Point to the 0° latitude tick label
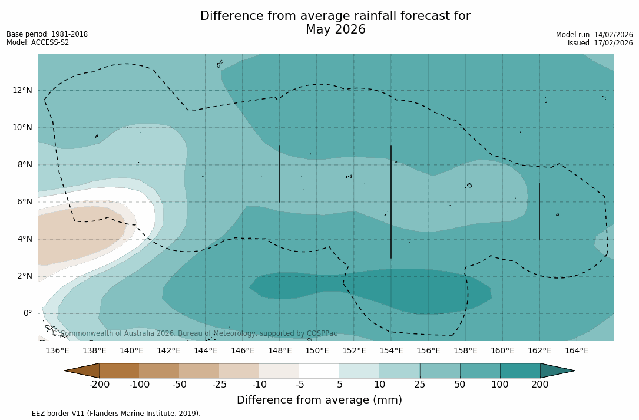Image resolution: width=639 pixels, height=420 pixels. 28,313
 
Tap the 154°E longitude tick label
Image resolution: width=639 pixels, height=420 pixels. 391,350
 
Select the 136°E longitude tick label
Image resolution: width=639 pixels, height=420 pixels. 57,350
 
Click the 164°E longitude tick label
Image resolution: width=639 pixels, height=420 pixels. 577,350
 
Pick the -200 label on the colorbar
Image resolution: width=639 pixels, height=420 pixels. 99,385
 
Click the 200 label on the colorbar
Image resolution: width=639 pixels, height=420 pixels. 540,385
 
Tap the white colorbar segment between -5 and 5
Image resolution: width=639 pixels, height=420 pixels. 320,371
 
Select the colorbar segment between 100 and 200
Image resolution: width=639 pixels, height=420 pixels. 520,371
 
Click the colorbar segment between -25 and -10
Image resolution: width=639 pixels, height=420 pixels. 240,371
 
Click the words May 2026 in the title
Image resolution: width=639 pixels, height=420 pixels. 335,29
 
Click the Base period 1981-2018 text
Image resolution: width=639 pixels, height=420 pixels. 47,34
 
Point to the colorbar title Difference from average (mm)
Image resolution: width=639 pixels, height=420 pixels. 319,400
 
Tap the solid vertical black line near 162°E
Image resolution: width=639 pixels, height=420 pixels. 539,211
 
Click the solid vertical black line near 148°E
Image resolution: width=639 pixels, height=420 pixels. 280,174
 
